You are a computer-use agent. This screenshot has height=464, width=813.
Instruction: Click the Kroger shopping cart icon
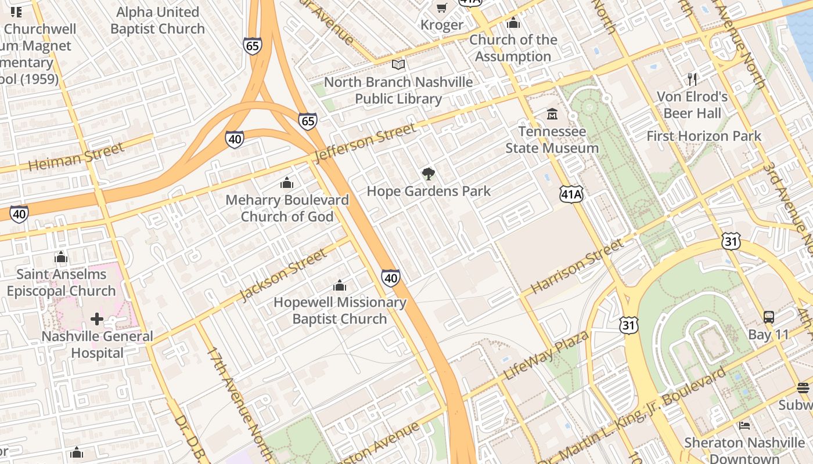point(442,8)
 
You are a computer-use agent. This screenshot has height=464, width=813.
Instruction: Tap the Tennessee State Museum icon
point(552,114)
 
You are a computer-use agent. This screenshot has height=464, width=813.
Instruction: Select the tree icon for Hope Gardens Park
point(429,173)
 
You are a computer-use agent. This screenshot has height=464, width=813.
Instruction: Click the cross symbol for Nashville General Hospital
point(97,319)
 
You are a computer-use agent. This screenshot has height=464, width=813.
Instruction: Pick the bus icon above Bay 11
point(768,317)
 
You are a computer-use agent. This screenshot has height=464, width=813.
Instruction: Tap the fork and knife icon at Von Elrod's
point(692,79)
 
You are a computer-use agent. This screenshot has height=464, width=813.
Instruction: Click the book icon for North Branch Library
point(398,65)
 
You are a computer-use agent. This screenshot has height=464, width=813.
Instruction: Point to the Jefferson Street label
point(365,143)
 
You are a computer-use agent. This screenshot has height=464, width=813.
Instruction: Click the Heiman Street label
point(76,157)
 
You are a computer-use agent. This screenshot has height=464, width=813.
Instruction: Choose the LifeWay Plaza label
point(545,355)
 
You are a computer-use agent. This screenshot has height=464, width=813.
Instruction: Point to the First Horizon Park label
point(704,136)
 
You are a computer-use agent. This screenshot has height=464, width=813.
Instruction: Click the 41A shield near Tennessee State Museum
point(571,194)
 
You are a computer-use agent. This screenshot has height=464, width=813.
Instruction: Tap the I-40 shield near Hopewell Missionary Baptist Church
point(391,278)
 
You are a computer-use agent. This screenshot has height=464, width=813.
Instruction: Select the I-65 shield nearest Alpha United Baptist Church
point(253,46)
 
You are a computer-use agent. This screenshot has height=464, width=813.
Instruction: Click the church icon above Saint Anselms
point(61,258)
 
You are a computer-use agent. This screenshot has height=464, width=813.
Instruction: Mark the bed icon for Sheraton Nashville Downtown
point(744,426)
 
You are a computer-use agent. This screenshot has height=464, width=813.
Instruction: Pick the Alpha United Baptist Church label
point(157,20)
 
